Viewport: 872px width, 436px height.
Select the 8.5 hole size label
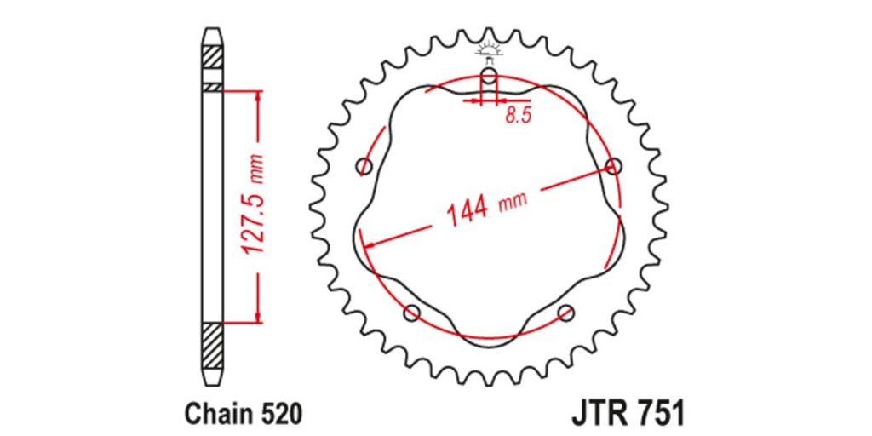click(x=519, y=116)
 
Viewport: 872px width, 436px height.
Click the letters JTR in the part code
click(x=600, y=415)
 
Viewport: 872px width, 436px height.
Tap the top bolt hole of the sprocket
click(x=489, y=76)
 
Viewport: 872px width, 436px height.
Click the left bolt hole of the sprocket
click(x=364, y=166)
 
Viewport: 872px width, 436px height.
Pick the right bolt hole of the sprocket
click(x=613, y=166)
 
